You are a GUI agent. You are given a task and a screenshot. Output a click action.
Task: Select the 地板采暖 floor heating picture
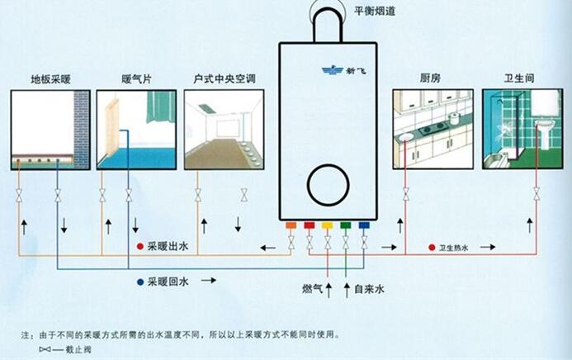pyautogui.click(x=50, y=130)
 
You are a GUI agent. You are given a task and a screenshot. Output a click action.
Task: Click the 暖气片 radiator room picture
pyautogui.click(x=136, y=130)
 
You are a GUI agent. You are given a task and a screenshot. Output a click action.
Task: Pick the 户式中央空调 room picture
pyautogui.click(x=223, y=130)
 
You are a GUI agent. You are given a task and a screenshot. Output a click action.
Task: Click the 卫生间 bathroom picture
pyautogui.click(x=522, y=130)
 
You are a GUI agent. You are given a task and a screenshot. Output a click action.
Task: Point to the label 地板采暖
pyautogui.click(x=50, y=79)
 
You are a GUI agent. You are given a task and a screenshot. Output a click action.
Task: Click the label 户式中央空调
pyautogui.click(x=224, y=79)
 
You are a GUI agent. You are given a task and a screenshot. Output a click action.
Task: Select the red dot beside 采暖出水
pyautogui.click(x=140, y=246)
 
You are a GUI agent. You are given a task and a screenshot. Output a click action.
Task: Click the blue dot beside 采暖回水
pyautogui.click(x=140, y=282)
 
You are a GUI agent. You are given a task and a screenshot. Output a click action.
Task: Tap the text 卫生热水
pyautogui.click(x=454, y=247)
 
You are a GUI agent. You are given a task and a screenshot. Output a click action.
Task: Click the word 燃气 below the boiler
pyautogui.click(x=313, y=291)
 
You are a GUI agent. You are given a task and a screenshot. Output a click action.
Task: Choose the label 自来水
pyautogui.click(x=369, y=291)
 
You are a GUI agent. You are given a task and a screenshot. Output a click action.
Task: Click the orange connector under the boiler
pyautogui.click(x=291, y=225)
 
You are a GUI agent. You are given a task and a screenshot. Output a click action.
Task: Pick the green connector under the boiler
pyautogui.click(x=344, y=225)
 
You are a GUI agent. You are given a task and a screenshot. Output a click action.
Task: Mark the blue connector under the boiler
pyautogui.click(x=362, y=225)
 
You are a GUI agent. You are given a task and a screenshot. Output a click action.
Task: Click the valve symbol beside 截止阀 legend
pyautogui.click(x=45, y=350)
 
